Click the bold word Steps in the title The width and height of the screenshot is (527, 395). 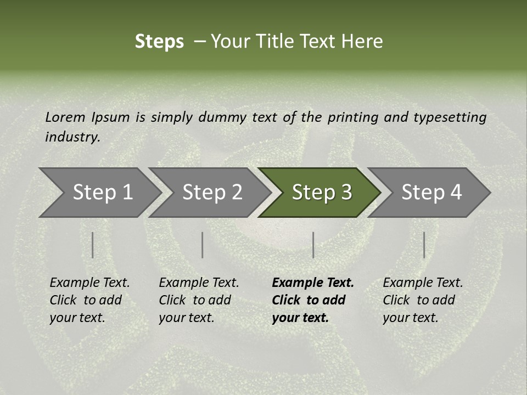pos(159,41)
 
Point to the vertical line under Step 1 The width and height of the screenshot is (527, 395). pos(93,245)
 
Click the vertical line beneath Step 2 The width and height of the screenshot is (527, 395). pos(203,245)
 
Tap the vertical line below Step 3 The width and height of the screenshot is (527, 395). pos(313,245)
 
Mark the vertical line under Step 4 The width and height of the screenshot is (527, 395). pos(424,245)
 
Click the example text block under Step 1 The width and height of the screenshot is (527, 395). pos(89,300)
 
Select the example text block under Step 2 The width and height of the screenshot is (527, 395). pos(199,300)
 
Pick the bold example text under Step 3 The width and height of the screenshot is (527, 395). pos(313,300)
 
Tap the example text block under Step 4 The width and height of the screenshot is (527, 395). pos(423,300)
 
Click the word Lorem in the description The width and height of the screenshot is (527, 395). pos(65,117)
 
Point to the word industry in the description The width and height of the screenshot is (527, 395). pos(72,137)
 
